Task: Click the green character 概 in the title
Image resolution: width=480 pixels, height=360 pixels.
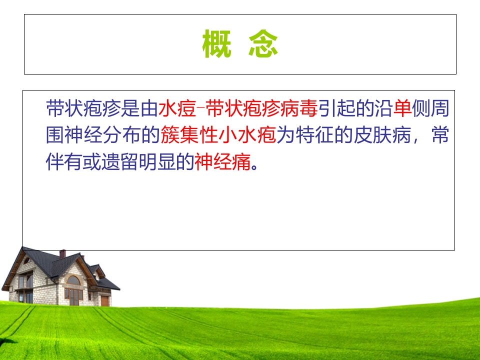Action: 217,44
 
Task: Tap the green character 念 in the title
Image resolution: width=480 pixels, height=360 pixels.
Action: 263,44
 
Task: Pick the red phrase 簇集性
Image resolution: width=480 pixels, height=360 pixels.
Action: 190,135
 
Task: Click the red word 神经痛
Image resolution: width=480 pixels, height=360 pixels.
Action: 222,162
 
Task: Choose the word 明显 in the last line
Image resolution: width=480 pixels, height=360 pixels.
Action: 147,162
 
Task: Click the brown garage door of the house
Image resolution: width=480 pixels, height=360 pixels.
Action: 104,300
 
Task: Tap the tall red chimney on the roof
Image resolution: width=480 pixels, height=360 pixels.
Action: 62,254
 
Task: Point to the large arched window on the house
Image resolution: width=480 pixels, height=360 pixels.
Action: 73,280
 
